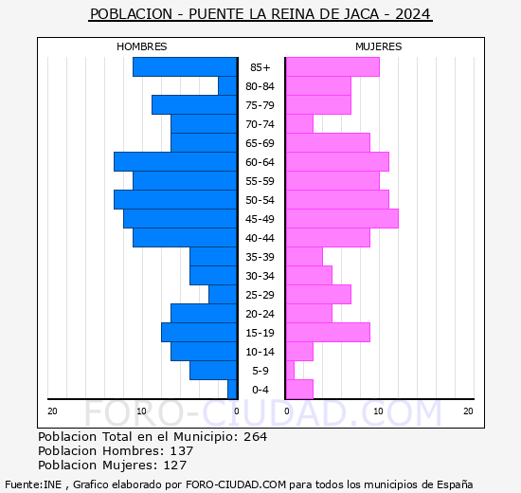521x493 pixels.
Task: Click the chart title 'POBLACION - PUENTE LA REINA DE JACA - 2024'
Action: (260, 14)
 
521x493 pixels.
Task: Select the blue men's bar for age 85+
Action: (185, 66)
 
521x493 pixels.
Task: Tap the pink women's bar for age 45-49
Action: (341, 218)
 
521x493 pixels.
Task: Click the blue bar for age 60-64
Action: (175, 161)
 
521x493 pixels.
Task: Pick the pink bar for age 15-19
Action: (327, 332)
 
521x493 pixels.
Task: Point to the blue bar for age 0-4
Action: (232, 389)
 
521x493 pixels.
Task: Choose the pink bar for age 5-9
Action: (289, 370)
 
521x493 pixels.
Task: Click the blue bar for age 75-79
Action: (194, 104)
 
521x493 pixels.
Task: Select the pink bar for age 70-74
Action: (298, 123)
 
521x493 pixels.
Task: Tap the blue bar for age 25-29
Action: (223, 294)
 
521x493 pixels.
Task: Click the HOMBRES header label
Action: (142, 46)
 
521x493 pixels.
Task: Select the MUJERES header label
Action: (378, 46)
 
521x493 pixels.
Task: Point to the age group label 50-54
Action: (260, 200)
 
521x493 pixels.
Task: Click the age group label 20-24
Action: (260, 314)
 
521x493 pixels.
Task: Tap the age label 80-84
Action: (260, 86)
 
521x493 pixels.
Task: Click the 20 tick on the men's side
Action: (53, 411)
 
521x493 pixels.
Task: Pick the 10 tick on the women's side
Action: (378, 411)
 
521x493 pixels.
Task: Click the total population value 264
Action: (255, 437)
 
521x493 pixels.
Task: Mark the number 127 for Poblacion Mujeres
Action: (174, 466)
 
